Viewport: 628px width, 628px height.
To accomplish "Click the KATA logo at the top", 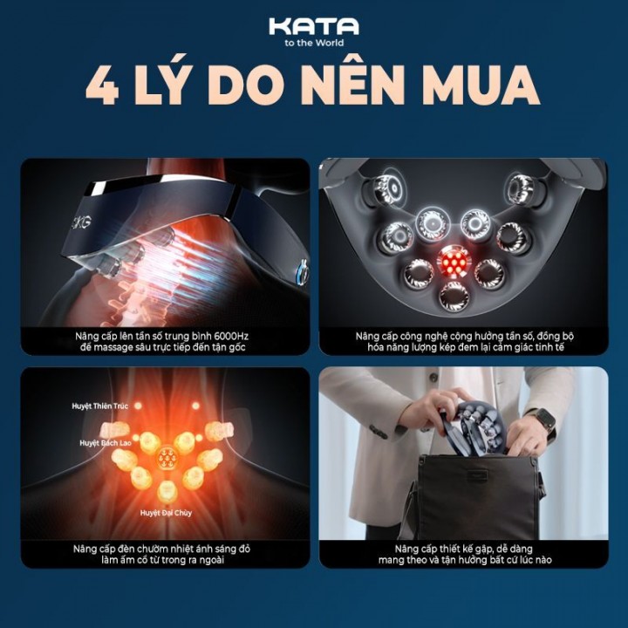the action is pos(314,26).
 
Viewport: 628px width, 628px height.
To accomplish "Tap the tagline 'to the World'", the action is pos(314,43).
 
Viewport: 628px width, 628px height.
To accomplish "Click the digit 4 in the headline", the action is pos(102,85).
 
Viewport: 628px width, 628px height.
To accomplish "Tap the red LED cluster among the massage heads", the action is pos(454,262).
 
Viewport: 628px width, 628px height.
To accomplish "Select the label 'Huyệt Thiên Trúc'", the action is pos(100,406).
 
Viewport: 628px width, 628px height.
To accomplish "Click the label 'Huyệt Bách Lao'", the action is pos(106,443).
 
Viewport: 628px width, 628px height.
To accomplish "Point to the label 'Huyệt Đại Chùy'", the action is pos(167,513).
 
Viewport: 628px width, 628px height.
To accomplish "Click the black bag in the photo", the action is pos(474,496).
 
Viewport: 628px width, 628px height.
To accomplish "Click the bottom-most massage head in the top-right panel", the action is pos(454,297).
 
